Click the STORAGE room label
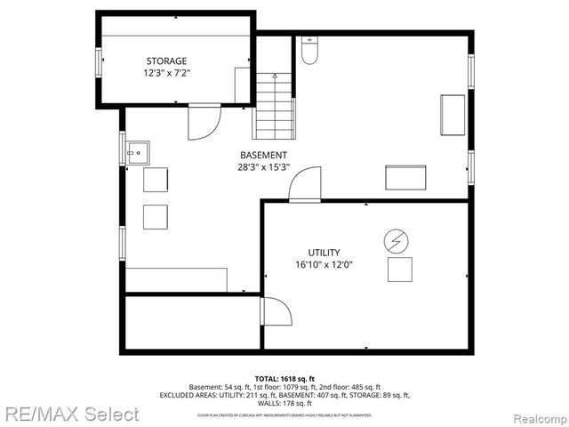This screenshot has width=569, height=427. pos(166,60)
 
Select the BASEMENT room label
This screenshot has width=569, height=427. pos(263,155)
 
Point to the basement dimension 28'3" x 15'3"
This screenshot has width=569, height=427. pos(263,167)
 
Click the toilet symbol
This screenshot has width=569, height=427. pos(309,52)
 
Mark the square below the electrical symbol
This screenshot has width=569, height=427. pos(399,269)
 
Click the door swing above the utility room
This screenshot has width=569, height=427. pos(306,185)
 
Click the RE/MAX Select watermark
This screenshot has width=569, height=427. pos(70,414)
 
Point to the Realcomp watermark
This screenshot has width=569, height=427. pos(537,415)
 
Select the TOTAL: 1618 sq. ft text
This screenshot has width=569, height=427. pos(284,377)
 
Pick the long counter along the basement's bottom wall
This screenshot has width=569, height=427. pos(176,279)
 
